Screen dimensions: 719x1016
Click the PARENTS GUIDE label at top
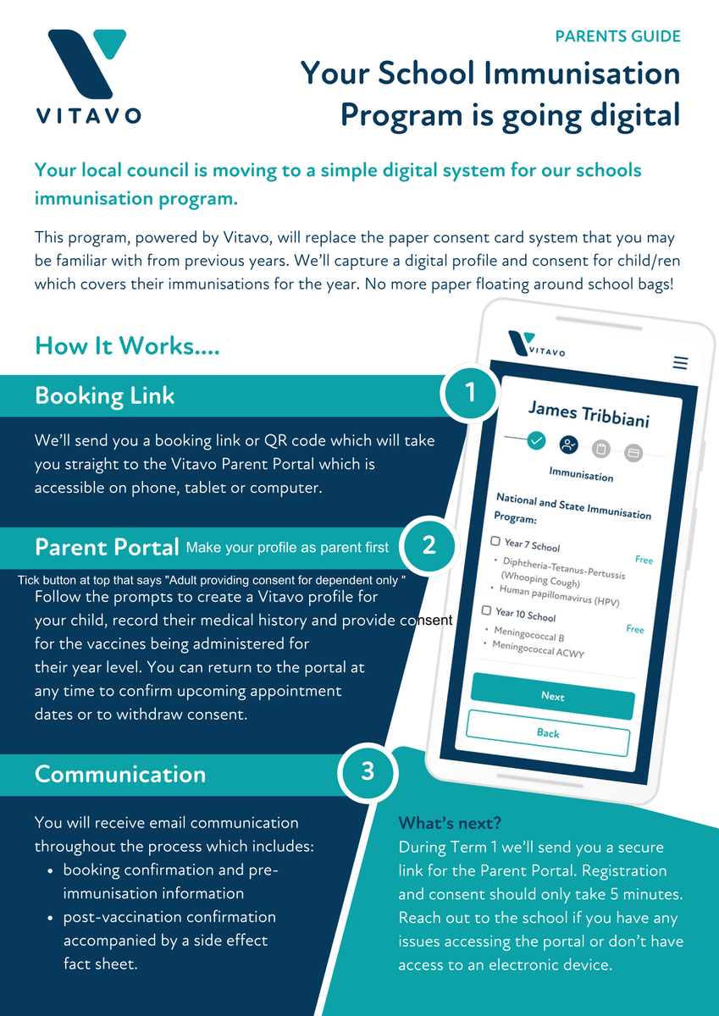(x=618, y=36)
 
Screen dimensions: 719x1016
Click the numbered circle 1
(x=470, y=393)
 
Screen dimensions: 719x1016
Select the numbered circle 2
(x=429, y=545)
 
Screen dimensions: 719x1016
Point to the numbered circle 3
(x=368, y=771)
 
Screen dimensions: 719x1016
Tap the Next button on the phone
(x=552, y=696)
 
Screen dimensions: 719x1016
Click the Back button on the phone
(x=548, y=733)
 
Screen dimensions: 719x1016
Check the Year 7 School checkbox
(x=495, y=541)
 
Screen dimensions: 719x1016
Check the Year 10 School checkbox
(x=486, y=610)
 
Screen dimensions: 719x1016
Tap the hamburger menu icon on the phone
(x=680, y=363)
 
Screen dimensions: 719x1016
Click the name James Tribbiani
(x=589, y=414)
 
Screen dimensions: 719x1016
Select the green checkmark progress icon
(x=536, y=440)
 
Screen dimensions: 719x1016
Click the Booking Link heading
(x=104, y=395)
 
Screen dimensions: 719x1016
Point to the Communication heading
(x=120, y=774)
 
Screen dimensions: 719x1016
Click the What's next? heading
(x=450, y=823)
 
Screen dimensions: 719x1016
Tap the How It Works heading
(x=128, y=345)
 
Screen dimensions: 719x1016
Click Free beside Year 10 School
(x=635, y=628)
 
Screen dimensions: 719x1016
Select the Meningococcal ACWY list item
(x=538, y=649)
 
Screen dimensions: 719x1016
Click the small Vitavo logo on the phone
(x=536, y=345)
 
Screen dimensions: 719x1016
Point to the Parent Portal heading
(x=107, y=547)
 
